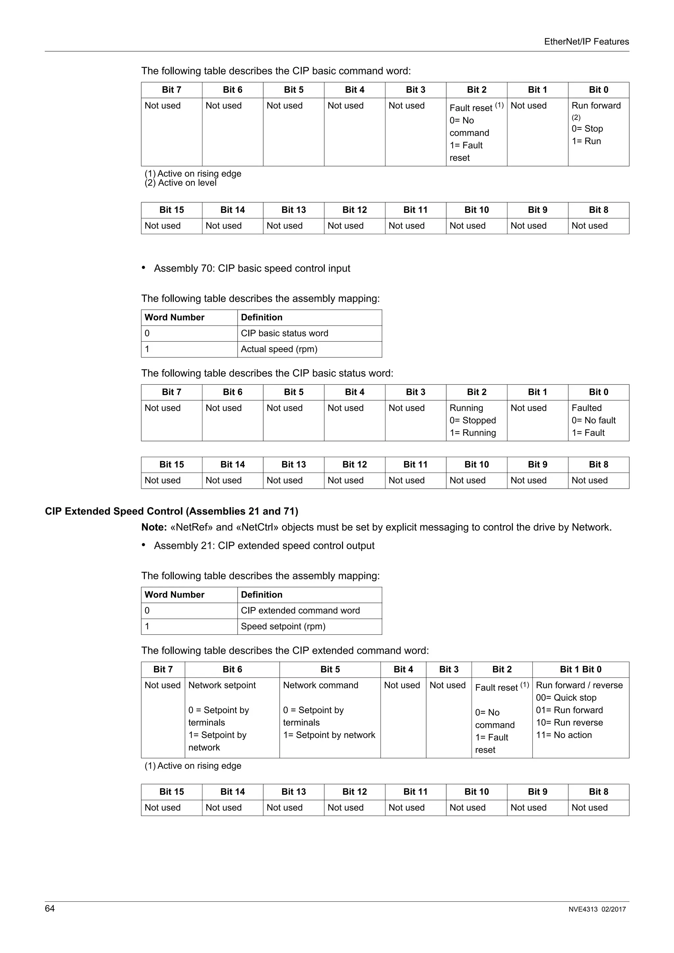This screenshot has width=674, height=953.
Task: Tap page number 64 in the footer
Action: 49,908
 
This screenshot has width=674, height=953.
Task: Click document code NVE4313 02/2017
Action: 597,909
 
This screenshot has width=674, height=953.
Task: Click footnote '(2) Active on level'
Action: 181,183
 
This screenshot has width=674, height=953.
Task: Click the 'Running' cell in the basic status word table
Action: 476,420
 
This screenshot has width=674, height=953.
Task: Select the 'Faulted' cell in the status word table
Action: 598,420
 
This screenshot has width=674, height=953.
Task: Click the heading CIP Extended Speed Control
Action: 171,511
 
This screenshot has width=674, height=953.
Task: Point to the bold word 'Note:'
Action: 154,527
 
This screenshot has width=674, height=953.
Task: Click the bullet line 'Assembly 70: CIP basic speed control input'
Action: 252,269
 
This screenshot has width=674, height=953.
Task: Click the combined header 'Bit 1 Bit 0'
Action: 580,670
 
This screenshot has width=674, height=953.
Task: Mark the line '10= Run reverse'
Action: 569,722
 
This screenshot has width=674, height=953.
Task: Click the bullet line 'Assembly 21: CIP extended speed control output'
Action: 264,546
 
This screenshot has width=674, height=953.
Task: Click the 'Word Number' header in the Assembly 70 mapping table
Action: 174,318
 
